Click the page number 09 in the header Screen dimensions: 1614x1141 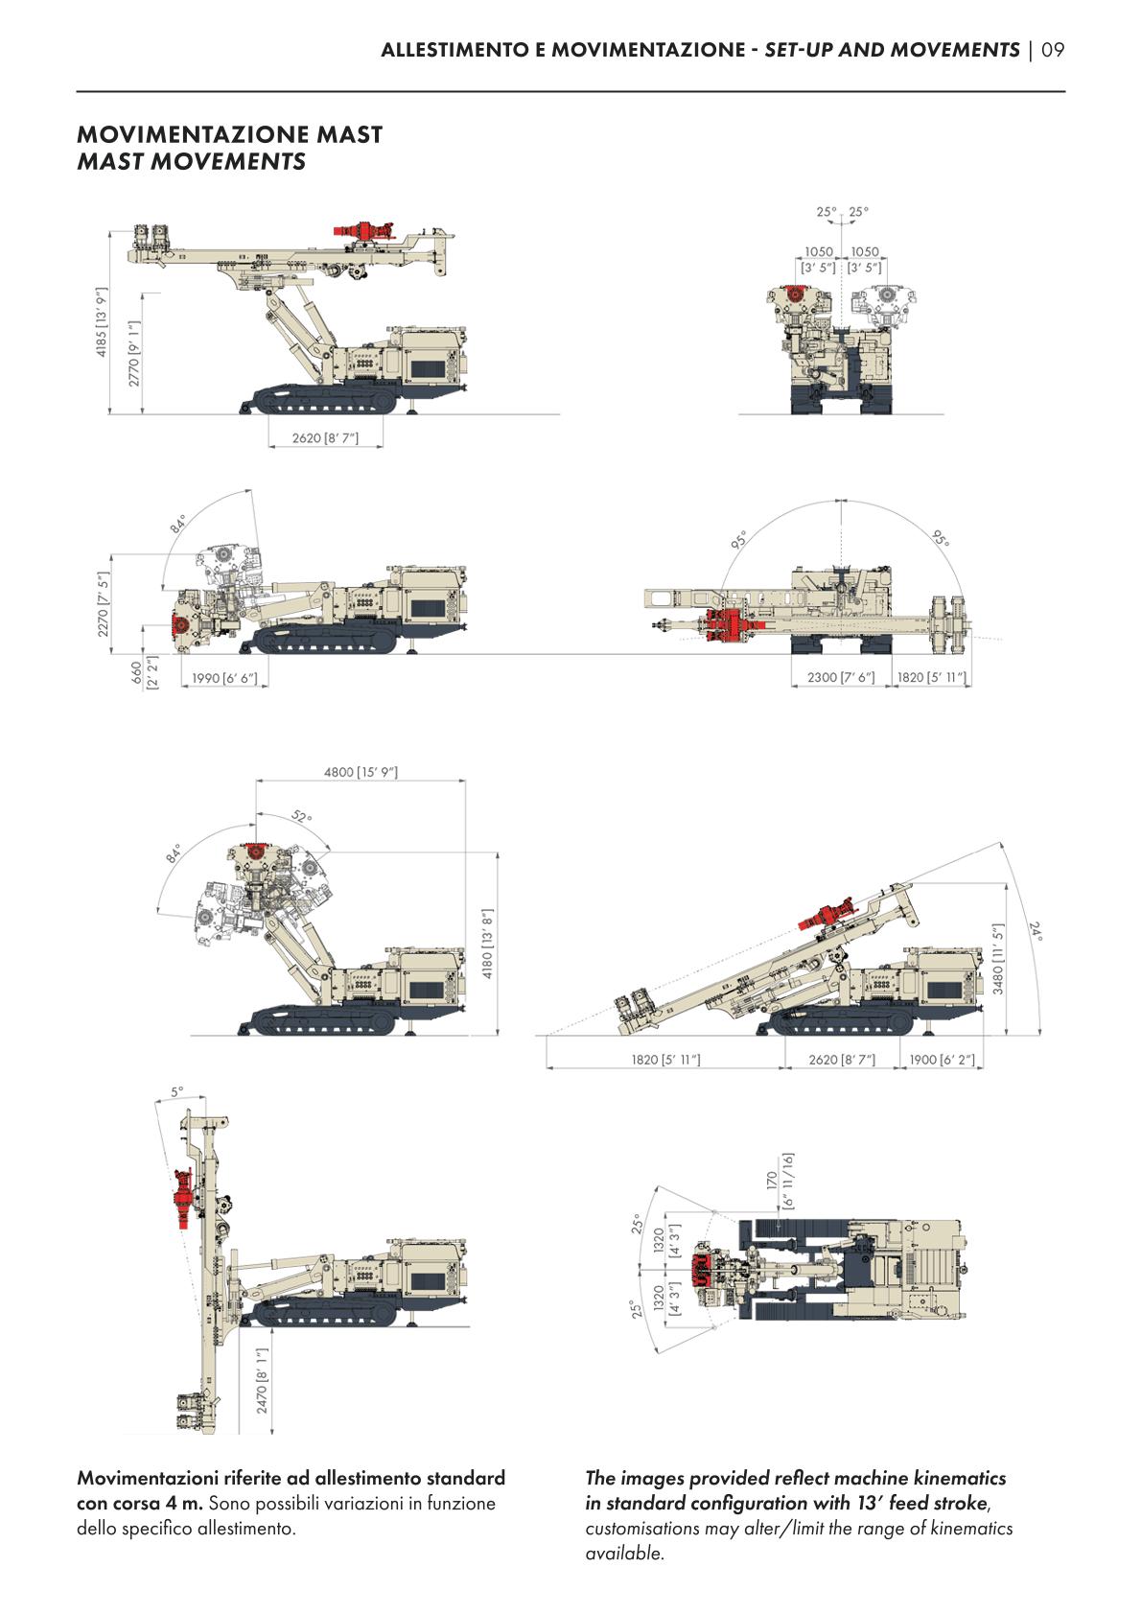click(x=1053, y=50)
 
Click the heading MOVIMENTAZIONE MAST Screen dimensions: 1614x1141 click(x=229, y=134)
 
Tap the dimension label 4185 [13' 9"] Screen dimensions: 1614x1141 click(x=101, y=323)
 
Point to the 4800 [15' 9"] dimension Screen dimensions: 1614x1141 click(x=360, y=771)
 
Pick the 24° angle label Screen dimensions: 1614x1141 click(x=1036, y=930)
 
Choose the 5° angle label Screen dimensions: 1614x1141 click(x=177, y=1091)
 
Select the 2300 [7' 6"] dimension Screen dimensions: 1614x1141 click(x=841, y=678)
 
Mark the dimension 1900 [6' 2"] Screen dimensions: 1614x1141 click(x=942, y=1060)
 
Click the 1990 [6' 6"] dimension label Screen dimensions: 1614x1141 click(x=224, y=678)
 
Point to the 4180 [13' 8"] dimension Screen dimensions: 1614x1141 click(x=486, y=945)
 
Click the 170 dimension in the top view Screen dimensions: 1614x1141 click(x=772, y=1178)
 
